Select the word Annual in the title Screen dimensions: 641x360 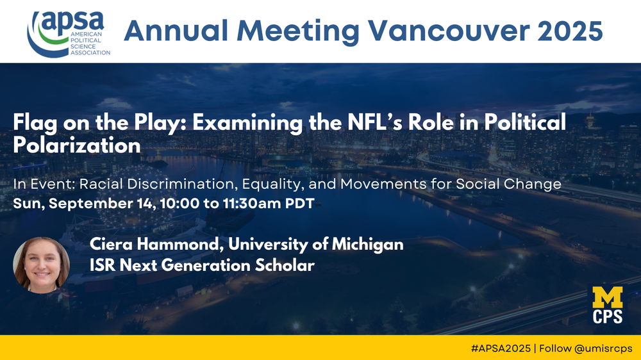click(x=176, y=31)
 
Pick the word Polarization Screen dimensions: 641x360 click(x=77, y=145)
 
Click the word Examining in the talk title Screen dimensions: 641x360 click(x=247, y=124)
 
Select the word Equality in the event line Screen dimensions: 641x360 click(x=273, y=184)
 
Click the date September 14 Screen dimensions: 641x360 click(x=102, y=204)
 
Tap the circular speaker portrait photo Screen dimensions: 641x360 click(x=41, y=265)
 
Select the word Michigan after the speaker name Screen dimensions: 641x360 click(x=367, y=244)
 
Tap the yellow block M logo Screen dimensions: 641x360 click(x=608, y=297)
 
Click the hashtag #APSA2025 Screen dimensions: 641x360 click(x=501, y=348)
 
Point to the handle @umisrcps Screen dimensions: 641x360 click(x=603, y=349)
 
